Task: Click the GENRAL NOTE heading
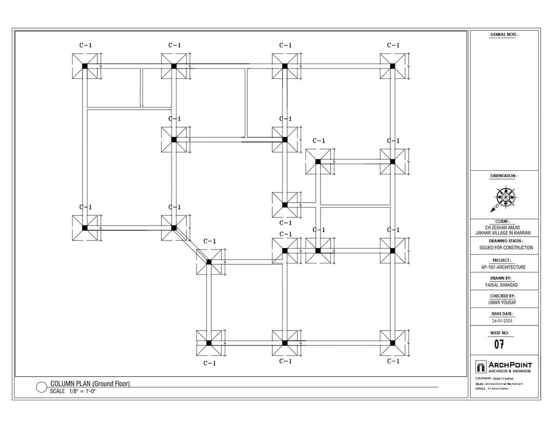pyautogui.click(x=504, y=34)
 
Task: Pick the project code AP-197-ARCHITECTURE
pyautogui.click(x=503, y=267)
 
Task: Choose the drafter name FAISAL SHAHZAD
pyautogui.click(x=503, y=285)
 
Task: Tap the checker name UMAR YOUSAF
pyautogui.click(x=503, y=302)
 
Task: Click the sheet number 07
pyautogui.click(x=500, y=344)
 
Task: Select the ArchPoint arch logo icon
pyautogui.click(x=480, y=366)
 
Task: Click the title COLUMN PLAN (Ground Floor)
pyautogui.click(x=90, y=384)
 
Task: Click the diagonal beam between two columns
pyautogui.click(x=191, y=244)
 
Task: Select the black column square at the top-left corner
pyautogui.click(x=85, y=66)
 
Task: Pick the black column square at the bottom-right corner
pyautogui.click(x=392, y=343)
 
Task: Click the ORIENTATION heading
pyautogui.click(x=503, y=176)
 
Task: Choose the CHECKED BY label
pyautogui.click(x=503, y=296)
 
